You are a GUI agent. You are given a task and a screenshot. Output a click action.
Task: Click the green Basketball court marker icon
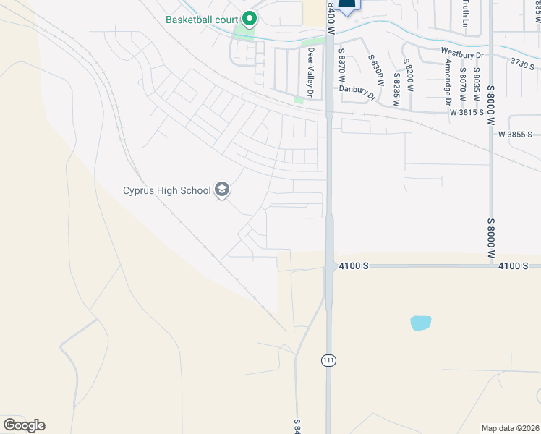point(250,18)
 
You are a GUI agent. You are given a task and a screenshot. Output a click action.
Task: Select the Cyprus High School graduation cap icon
point(222,191)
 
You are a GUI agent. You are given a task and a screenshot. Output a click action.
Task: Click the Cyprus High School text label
point(166,191)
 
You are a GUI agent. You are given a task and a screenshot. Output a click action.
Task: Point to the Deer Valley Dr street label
point(311,72)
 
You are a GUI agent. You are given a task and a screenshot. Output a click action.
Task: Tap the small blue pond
point(420,323)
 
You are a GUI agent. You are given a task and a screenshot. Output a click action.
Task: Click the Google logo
point(24,425)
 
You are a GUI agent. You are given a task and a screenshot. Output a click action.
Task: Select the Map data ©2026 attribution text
point(511,428)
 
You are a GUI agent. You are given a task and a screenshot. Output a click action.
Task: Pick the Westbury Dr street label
point(461,51)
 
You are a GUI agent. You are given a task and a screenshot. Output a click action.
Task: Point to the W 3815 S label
point(467,112)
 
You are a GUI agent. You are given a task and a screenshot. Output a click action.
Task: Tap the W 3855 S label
point(515,135)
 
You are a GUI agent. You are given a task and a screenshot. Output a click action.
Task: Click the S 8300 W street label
point(375,72)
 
